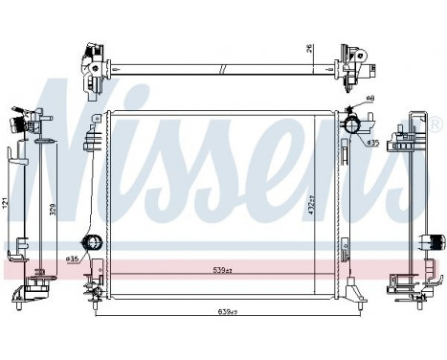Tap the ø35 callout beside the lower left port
(73, 258)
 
